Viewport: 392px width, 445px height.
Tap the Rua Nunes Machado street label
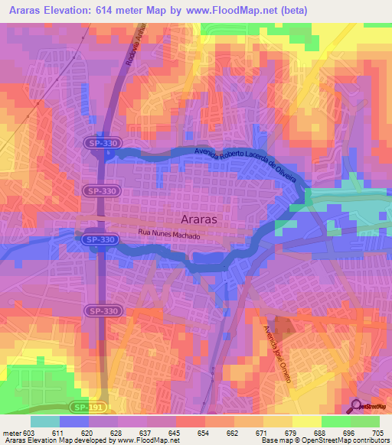click(168, 233)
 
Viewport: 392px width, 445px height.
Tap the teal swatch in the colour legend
click(44, 421)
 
